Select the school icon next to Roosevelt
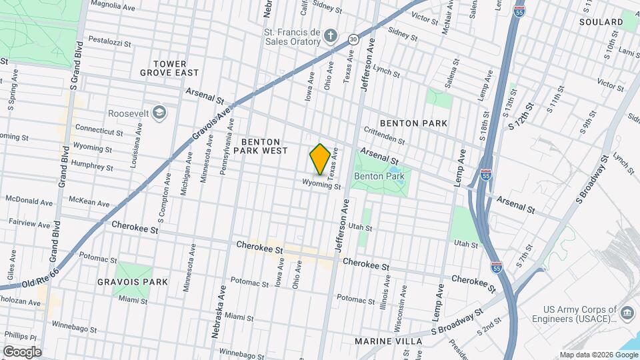(159, 112)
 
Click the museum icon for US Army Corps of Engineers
(627, 313)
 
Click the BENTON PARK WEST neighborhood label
(264, 147)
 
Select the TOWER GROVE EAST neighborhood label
(169, 68)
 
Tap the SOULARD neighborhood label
(601, 22)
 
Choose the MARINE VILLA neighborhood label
(388, 341)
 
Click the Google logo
(22, 351)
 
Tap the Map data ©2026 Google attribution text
(598, 355)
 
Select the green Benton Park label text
(374, 176)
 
